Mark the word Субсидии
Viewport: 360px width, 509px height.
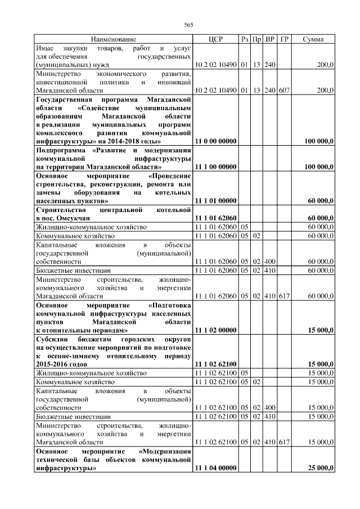53,339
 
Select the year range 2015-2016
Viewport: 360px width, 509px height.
55,364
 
